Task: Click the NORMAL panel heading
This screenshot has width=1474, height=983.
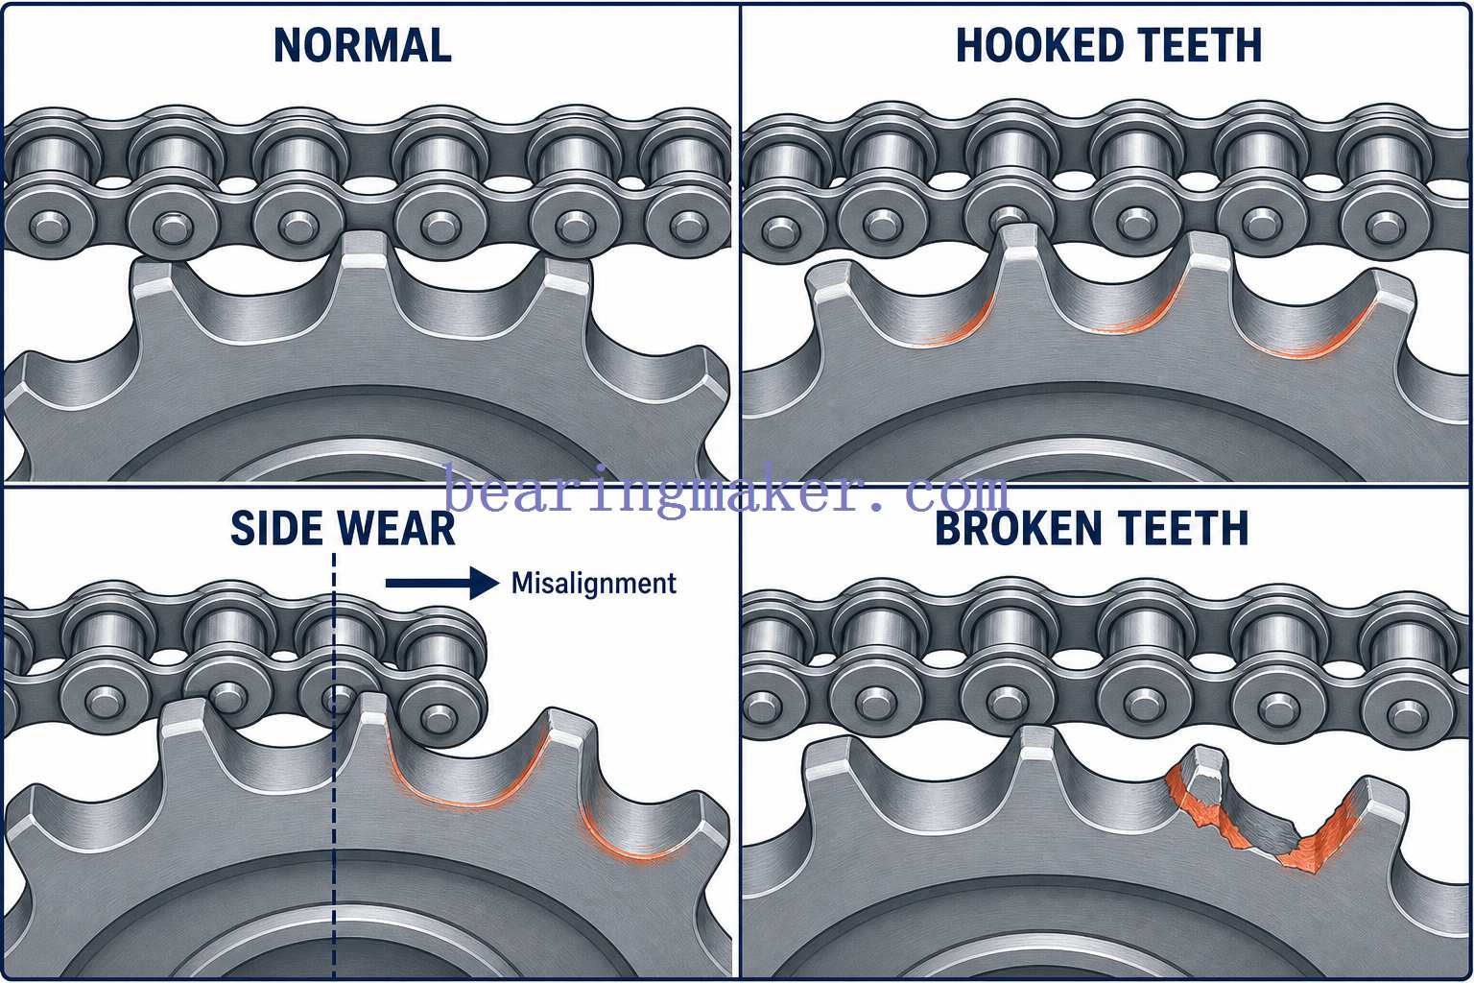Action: click(x=363, y=45)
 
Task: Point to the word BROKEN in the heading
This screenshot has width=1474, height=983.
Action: click(x=1019, y=528)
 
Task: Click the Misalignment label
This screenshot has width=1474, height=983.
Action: click(x=594, y=584)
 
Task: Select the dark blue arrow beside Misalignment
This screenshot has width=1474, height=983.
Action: click(x=442, y=583)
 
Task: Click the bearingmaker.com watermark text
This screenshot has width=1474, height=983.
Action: click(x=726, y=491)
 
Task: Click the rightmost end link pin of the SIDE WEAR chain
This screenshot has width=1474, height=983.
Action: click(x=437, y=715)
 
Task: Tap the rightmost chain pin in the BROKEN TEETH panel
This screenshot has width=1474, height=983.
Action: click(x=1408, y=713)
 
